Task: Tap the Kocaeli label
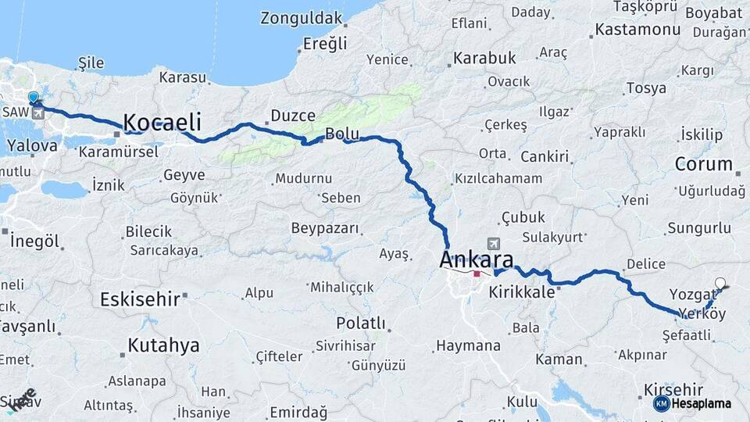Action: pos(162,123)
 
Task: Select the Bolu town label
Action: pos(342,134)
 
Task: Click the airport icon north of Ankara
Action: pos(493,244)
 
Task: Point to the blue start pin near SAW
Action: pos(33,98)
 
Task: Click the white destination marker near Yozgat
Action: pos(720,284)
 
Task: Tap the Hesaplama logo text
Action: pos(701,403)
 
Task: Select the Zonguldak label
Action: pos(302,17)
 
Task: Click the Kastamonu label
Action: pos(637,30)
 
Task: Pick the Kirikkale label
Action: pos(521,292)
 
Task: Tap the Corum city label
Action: pos(703,165)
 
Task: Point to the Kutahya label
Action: pos(163,345)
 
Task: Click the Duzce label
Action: pos(293,116)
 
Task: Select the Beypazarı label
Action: pos(325,228)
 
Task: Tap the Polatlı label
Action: pos(361,323)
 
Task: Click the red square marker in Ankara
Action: pos(477,274)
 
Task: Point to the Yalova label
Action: pos(32,145)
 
